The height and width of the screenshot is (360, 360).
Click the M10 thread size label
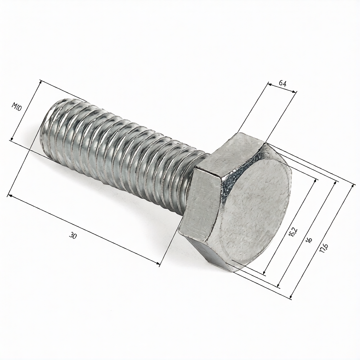(x=17, y=107)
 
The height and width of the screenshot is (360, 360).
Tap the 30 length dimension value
(x=73, y=235)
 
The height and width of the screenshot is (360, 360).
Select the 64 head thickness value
(x=283, y=84)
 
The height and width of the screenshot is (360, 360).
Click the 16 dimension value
(x=309, y=240)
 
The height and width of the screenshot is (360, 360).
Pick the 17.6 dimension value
(x=324, y=248)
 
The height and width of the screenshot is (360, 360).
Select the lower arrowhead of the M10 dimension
(x=12, y=139)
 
